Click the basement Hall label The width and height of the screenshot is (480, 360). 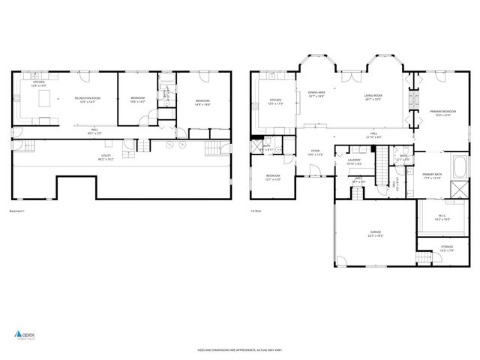point(95,131)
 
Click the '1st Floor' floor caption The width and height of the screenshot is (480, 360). point(256,211)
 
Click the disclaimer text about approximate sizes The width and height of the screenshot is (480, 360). point(239,349)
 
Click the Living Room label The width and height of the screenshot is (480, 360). point(373,97)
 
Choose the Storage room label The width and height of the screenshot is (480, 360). point(446,247)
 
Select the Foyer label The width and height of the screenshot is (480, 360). point(315,152)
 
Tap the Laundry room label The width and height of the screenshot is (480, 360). point(355,161)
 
